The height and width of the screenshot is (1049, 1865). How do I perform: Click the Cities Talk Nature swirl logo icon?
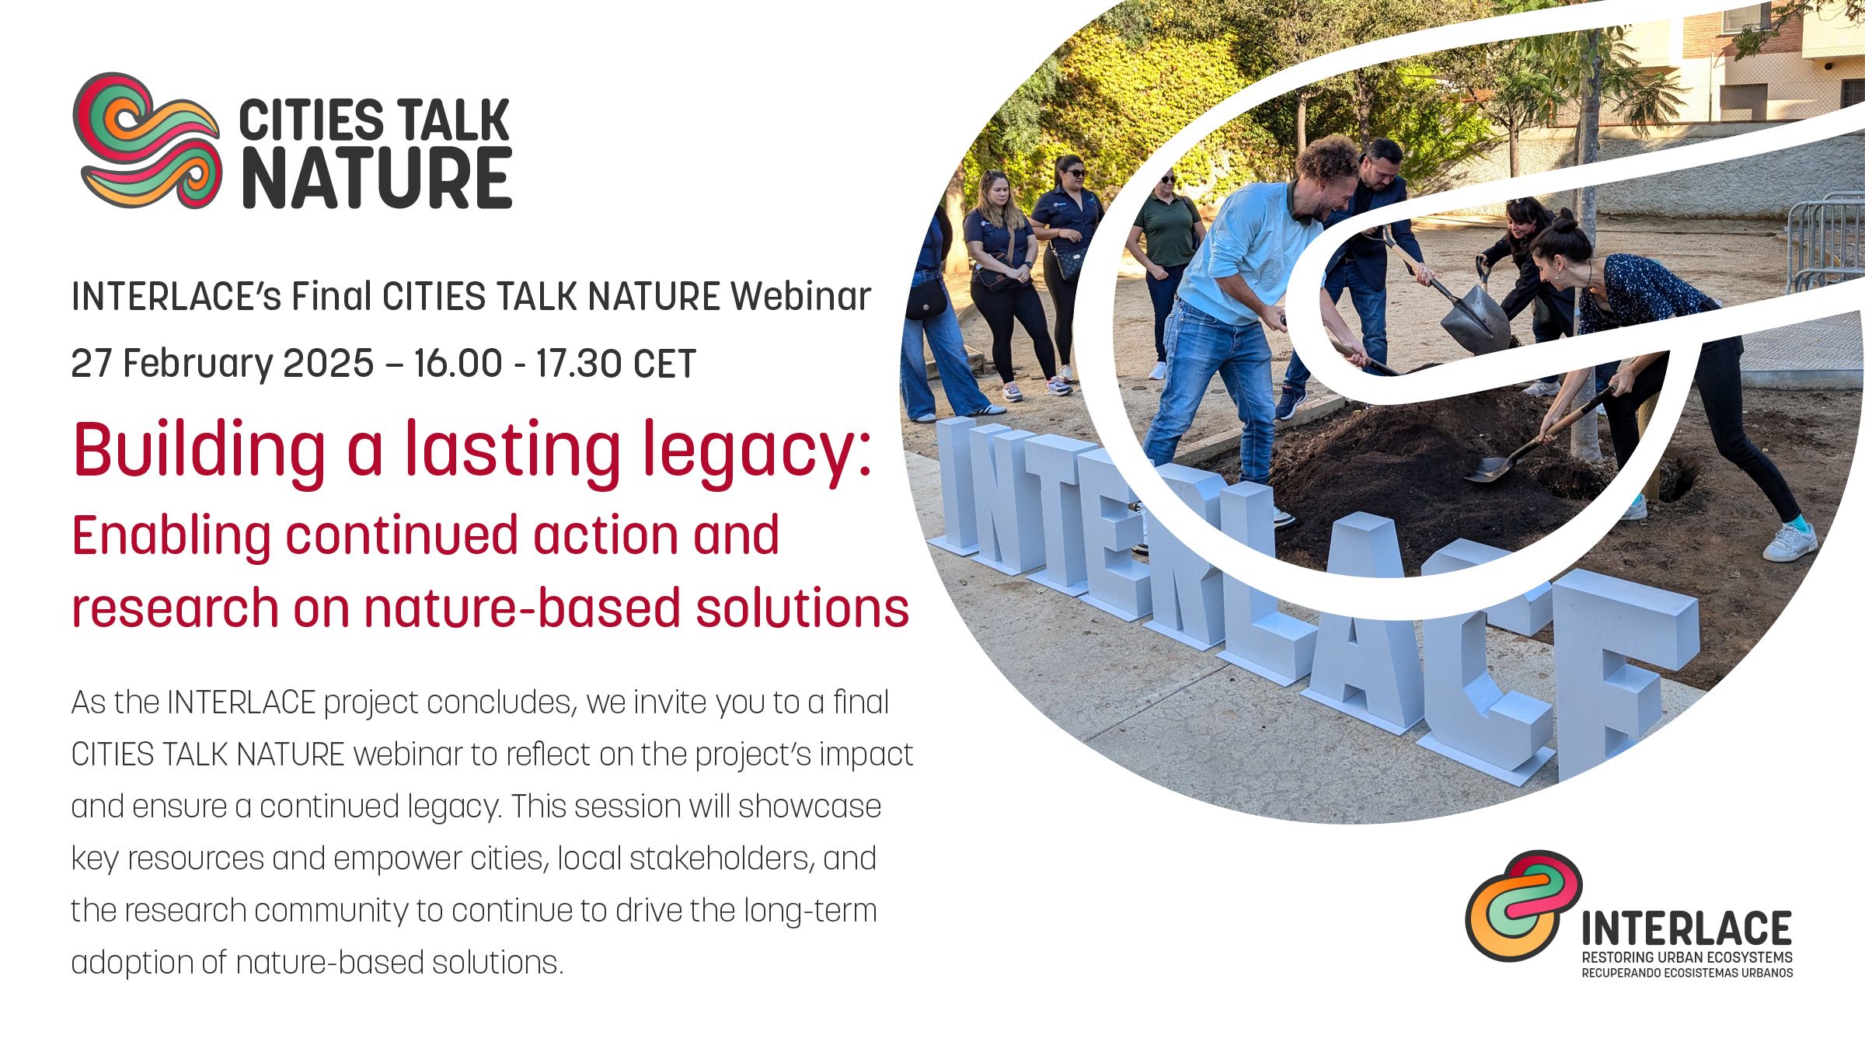[147, 141]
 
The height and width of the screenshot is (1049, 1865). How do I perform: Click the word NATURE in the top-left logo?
[377, 179]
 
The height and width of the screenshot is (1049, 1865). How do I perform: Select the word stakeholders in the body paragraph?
[720, 859]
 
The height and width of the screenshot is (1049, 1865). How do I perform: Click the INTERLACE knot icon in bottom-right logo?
[1522, 906]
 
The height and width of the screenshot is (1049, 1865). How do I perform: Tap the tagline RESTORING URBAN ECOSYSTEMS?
[1687, 957]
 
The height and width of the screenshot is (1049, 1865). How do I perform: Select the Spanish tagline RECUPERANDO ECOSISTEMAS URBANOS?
[1687, 973]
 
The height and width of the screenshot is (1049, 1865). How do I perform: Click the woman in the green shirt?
[1166, 264]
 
